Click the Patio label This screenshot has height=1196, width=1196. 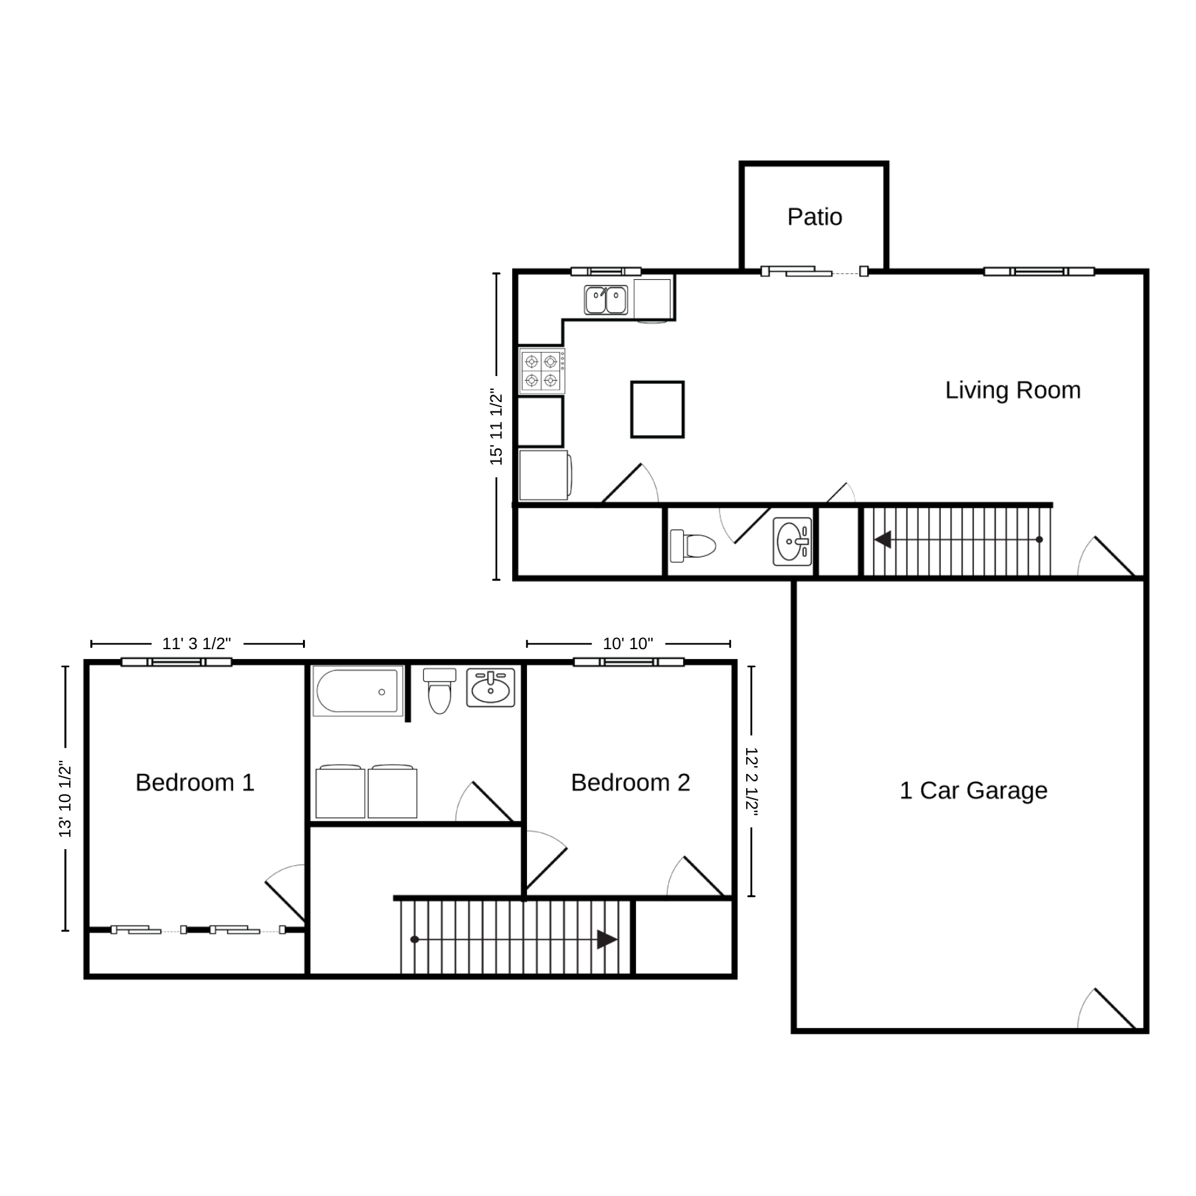(815, 217)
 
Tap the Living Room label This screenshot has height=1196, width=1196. (1013, 390)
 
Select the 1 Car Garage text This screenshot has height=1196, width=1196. (973, 790)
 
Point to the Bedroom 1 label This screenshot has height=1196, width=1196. (195, 783)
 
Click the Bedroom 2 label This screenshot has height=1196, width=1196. (631, 783)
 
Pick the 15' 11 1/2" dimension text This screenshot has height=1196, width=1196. (496, 426)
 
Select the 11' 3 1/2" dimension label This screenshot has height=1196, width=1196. (197, 643)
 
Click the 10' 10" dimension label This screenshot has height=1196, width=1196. (628, 643)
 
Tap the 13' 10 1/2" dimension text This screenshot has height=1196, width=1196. (65, 799)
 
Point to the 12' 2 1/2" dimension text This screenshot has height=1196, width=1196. (751, 781)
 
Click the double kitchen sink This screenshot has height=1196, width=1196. (606, 300)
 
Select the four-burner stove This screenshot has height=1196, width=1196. (542, 371)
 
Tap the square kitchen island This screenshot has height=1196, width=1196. (657, 409)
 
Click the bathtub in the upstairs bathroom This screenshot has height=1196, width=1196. (358, 691)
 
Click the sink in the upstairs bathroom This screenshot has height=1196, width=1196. (490, 688)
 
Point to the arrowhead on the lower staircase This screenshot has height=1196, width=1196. (607, 940)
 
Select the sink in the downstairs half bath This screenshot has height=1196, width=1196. (792, 542)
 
